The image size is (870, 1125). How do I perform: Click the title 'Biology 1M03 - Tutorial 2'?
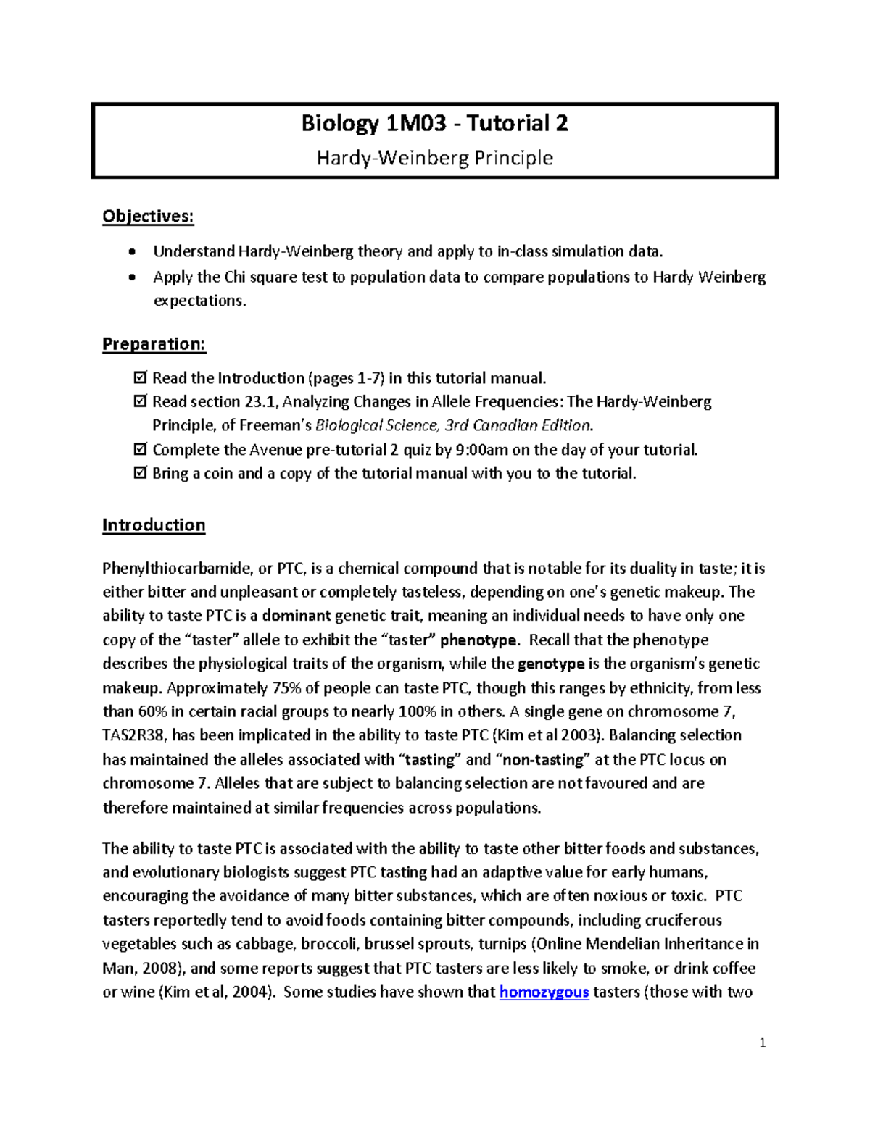tap(434, 124)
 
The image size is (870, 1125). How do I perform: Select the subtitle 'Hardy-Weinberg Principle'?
tap(434, 158)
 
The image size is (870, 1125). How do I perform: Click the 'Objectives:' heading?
tap(148, 217)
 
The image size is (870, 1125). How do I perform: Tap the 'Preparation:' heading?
tap(154, 344)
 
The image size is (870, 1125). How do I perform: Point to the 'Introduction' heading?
tap(154, 525)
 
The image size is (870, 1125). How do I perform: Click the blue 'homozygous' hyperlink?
tap(544, 992)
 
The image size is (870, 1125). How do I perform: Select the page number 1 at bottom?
tap(762, 1044)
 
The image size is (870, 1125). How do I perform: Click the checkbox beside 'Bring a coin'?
tap(140, 474)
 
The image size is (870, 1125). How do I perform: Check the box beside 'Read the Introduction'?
tap(140, 378)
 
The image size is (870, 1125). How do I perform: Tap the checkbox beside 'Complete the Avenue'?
tap(140, 450)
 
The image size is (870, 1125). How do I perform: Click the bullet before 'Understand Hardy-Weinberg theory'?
tap(130, 252)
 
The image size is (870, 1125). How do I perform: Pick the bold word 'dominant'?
tap(297, 616)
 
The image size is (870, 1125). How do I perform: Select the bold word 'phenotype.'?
tap(479, 640)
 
